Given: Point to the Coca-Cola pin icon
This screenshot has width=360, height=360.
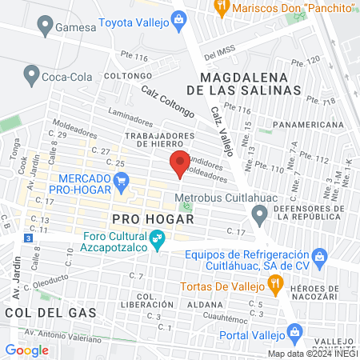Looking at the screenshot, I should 32,75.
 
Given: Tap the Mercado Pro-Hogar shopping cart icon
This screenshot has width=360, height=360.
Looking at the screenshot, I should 122,182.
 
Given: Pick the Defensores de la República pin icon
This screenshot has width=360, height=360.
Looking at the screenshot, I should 258,214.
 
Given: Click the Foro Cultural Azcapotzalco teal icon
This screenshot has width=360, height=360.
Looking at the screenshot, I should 157,238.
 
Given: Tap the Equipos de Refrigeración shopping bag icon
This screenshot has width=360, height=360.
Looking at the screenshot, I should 320,256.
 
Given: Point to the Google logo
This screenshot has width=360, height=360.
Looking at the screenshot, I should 26,350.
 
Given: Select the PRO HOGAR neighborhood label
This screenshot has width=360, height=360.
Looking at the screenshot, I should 142,218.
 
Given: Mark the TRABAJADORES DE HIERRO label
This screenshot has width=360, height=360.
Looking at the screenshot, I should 150,139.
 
